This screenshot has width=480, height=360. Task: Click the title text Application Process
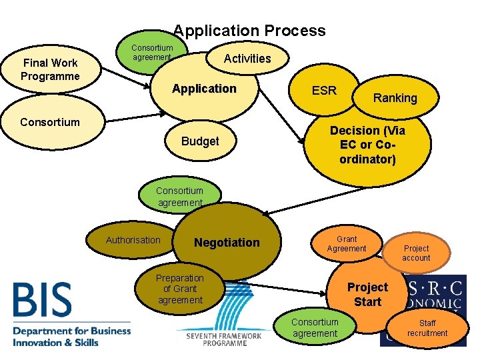click(x=249, y=31)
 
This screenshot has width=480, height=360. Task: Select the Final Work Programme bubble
click(x=50, y=69)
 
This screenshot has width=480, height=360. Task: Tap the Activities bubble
click(x=247, y=59)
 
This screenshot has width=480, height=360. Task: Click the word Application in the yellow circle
click(x=204, y=89)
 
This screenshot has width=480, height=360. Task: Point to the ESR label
click(x=324, y=91)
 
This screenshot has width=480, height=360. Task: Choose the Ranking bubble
click(x=395, y=98)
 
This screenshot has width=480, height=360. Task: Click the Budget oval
click(x=200, y=141)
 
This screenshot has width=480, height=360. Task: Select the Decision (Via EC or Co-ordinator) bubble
click(x=367, y=145)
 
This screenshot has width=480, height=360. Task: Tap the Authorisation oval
click(x=133, y=240)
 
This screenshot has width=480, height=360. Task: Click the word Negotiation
click(x=227, y=243)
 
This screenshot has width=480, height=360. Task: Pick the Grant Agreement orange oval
click(x=346, y=244)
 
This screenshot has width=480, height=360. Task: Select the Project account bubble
click(x=416, y=253)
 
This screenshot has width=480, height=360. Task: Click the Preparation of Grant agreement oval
click(x=179, y=289)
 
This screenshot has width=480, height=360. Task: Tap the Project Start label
click(x=367, y=294)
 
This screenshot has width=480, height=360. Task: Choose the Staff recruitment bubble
click(x=427, y=328)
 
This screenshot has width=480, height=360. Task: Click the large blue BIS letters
click(x=42, y=300)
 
